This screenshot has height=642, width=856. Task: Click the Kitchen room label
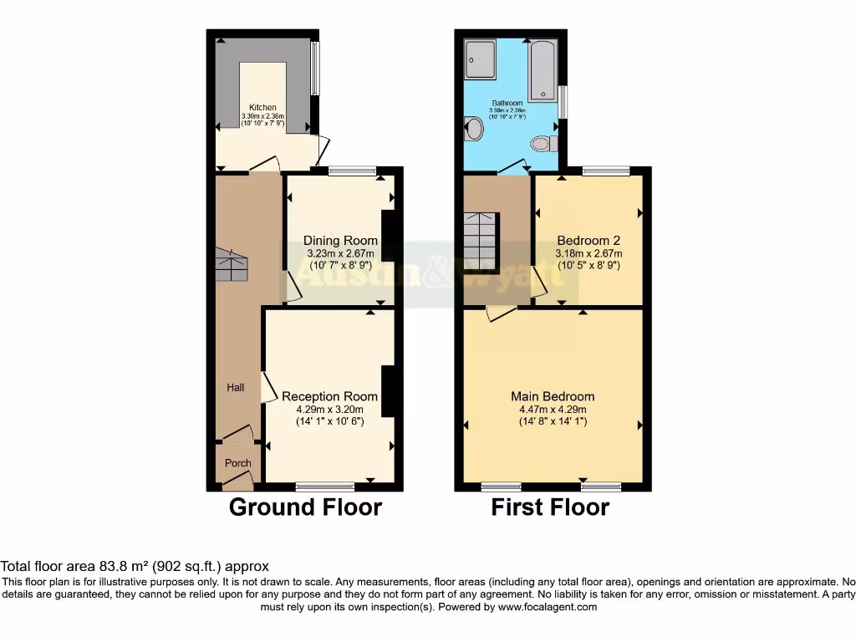(x=262, y=108)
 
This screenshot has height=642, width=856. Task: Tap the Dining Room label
(x=340, y=241)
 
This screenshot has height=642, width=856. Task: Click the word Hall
(x=236, y=387)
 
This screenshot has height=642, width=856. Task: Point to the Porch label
(x=237, y=463)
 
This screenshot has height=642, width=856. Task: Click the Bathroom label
(x=507, y=103)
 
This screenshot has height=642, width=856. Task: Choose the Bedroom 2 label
(x=589, y=241)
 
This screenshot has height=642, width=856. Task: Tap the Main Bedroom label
(x=553, y=396)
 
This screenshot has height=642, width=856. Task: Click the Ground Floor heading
(x=305, y=507)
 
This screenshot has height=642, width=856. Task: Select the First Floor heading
(x=550, y=507)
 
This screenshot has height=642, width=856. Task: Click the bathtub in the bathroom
(x=543, y=71)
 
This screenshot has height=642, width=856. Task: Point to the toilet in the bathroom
(x=545, y=144)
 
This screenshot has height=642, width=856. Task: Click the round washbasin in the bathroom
(x=474, y=130)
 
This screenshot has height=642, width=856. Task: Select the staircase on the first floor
(x=481, y=242)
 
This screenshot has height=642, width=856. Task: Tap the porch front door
(x=237, y=481)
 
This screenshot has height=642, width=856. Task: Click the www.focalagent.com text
(x=547, y=607)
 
